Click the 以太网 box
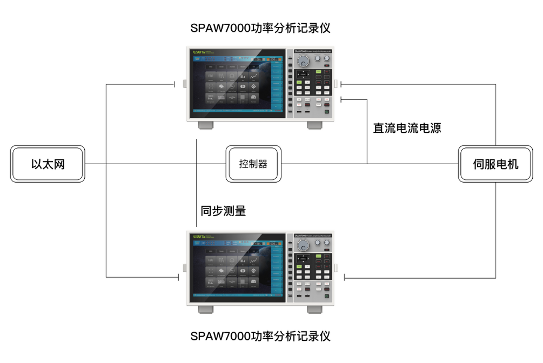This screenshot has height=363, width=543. click(x=48, y=164)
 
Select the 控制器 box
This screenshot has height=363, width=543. click(x=253, y=164)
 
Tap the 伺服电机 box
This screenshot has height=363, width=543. click(x=495, y=164)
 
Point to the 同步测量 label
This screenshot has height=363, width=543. click(x=223, y=211)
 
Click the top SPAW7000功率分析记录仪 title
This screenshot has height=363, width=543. click(x=260, y=28)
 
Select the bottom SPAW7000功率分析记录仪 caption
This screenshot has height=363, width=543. click(x=260, y=336)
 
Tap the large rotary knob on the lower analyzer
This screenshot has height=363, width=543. click(x=303, y=246)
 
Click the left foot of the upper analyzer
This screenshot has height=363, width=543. click(x=205, y=125)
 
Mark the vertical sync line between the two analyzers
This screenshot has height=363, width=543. click(x=197, y=184)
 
